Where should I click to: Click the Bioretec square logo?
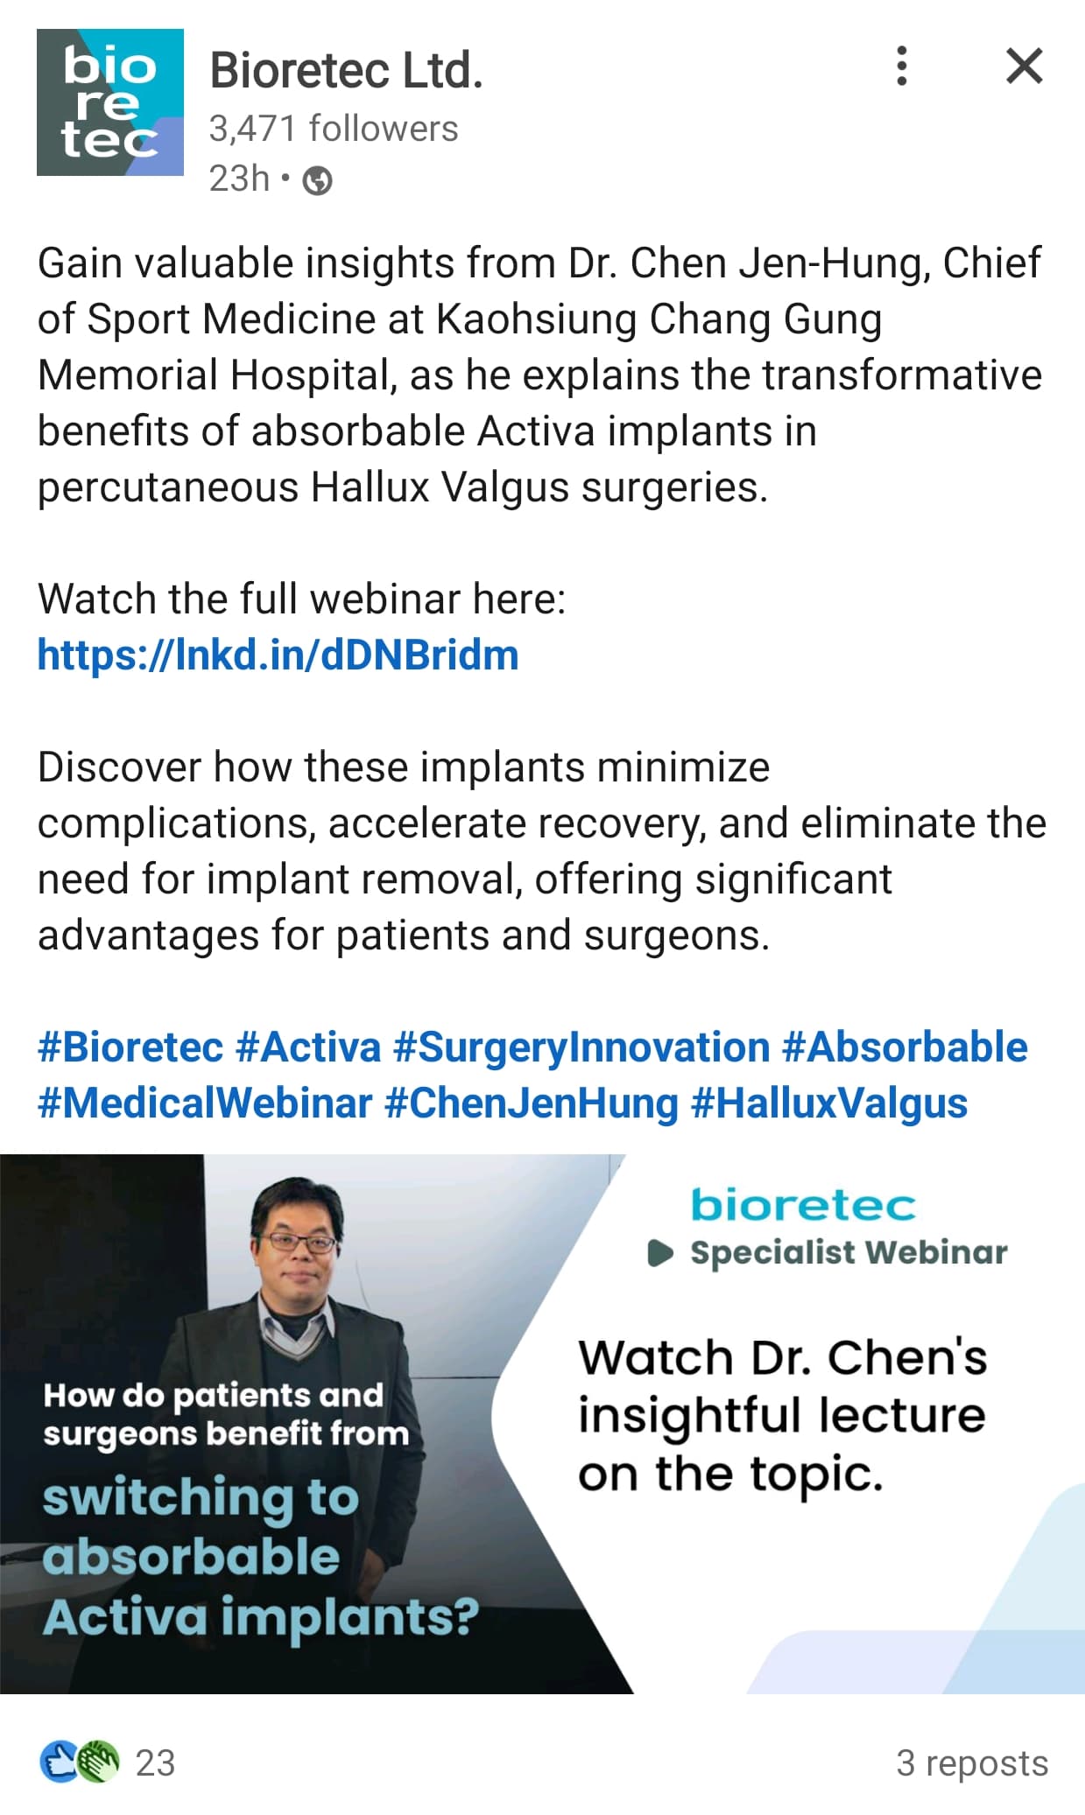[110, 102]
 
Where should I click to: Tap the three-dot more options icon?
[901, 66]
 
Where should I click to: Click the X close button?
[1025, 66]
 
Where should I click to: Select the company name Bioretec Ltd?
[346, 70]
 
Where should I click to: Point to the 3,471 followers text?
[334, 129]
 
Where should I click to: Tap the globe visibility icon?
[317, 180]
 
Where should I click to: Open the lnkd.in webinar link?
[278, 655]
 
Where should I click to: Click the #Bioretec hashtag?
[130, 1048]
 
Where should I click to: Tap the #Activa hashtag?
[308, 1048]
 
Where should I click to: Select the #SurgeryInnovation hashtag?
[581, 1048]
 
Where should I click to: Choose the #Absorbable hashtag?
[905, 1048]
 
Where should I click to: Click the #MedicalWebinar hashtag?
[205, 1104]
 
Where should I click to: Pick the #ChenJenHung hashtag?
[532, 1104]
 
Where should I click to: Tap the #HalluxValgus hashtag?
[829, 1104]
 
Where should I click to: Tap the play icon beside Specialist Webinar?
[660, 1253]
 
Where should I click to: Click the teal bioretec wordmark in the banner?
[803, 1205]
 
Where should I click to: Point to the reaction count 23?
[155, 1762]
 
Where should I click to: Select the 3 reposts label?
[972, 1762]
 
